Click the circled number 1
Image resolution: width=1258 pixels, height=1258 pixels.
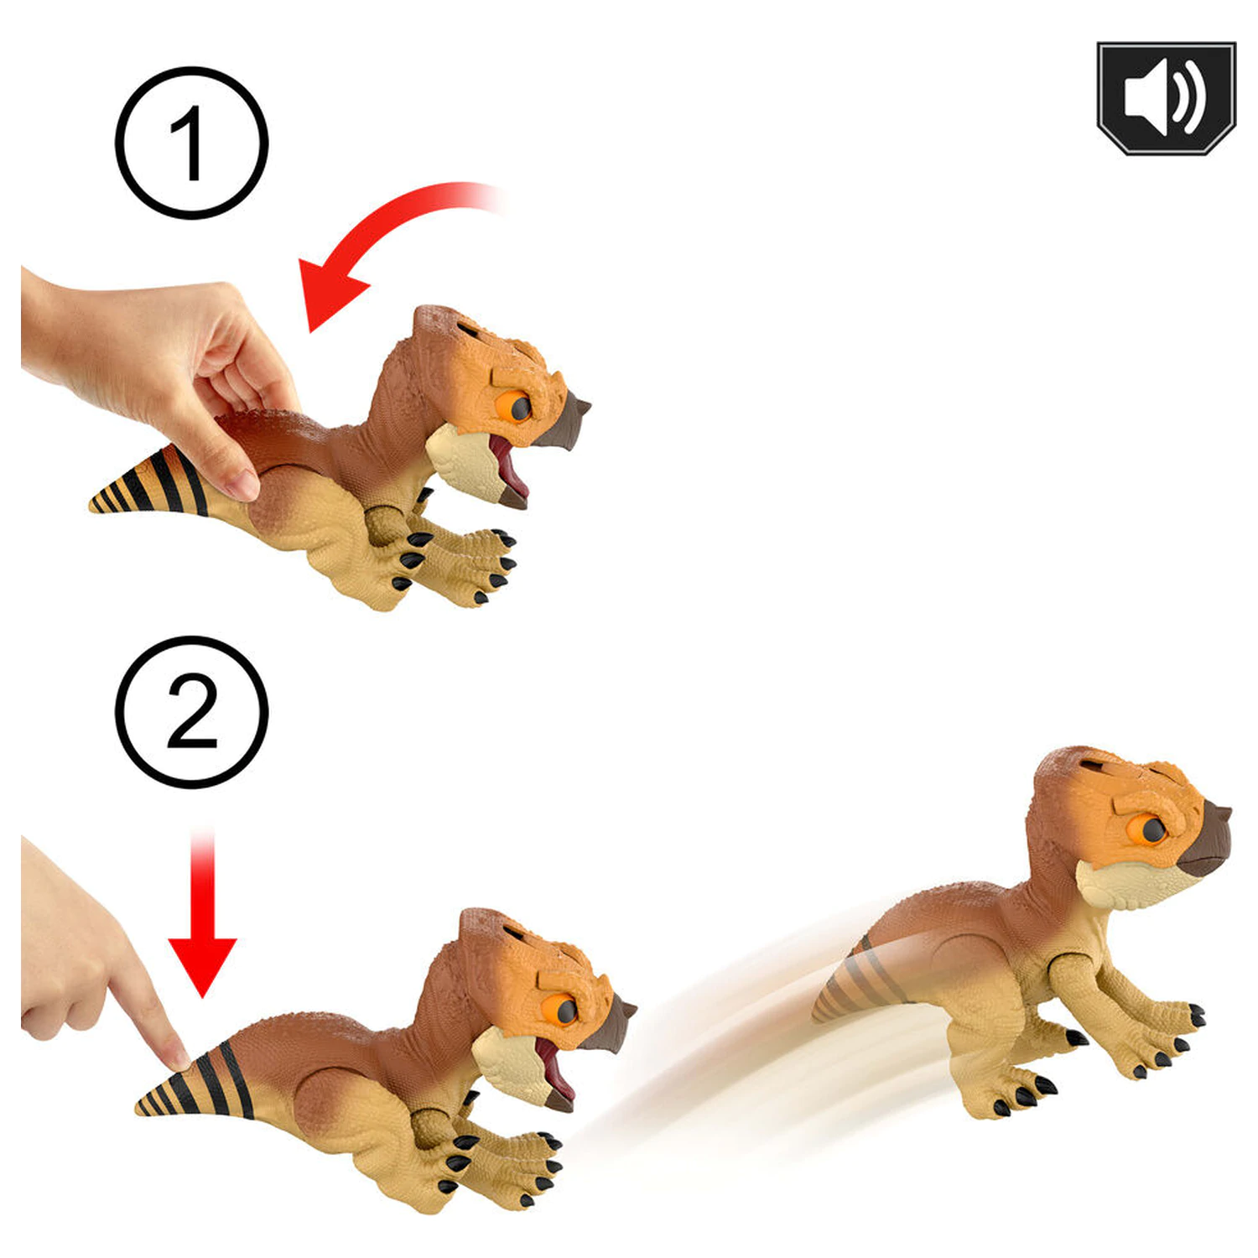191,143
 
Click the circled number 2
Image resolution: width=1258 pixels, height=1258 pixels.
191,712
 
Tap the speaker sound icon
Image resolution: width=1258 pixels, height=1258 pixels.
1166,98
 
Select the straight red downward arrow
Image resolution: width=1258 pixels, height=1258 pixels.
202,923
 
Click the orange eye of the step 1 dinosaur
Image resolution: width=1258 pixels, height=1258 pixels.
516,408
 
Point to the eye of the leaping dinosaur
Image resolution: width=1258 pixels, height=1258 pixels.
1150,829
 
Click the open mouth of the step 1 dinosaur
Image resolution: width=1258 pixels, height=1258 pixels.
510,470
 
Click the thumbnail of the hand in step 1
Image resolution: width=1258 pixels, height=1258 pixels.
246,485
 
